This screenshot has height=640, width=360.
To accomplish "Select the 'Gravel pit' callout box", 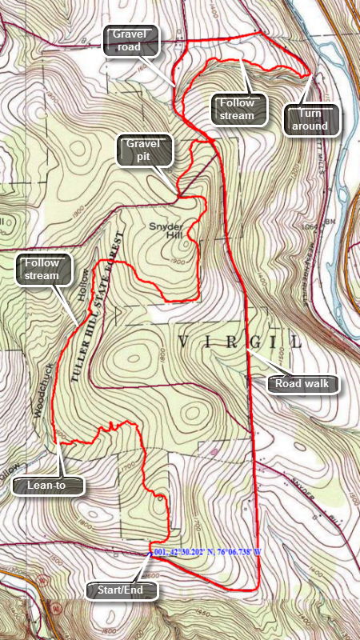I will click(144, 150).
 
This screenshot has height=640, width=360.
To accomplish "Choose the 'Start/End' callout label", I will click(122, 591).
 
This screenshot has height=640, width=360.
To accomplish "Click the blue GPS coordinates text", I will click(209, 553).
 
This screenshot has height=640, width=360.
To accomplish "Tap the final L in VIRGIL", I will click(298, 342).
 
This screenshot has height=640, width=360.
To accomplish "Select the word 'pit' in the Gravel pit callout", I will click(145, 158).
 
